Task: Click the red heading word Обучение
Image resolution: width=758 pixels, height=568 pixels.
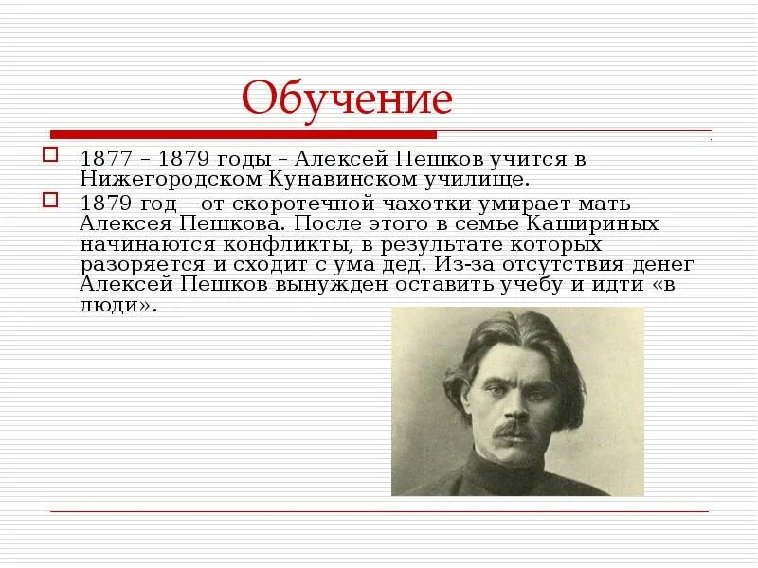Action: (347, 98)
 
